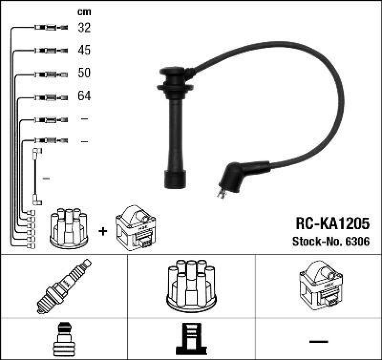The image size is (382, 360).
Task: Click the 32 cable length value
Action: pos(84,28)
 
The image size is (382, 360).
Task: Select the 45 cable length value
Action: pos(84,50)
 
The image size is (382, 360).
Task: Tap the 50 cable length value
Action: pos(84,73)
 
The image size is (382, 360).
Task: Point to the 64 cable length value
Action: pos(84,96)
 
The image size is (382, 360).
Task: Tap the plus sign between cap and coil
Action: pos(103,231)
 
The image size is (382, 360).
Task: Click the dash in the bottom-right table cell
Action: pos(318,341)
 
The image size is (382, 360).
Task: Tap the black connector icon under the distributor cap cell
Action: pos(191,339)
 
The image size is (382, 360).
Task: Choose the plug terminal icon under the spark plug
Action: pos(64,339)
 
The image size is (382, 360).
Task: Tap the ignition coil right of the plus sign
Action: pos(136,228)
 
